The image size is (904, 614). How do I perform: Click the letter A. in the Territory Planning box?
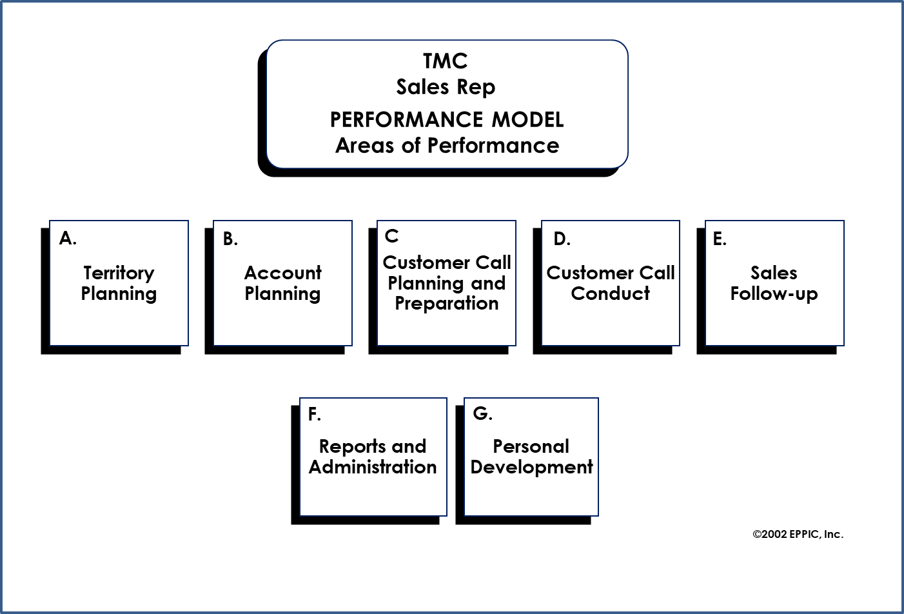[x=68, y=239]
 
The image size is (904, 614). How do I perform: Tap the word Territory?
[x=119, y=273]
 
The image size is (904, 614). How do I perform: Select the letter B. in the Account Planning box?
[x=231, y=239]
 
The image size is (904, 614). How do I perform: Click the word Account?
[x=282, y=273]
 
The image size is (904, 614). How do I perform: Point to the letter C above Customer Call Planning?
[x=391, y=236]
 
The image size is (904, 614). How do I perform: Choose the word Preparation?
[x=446, y=304]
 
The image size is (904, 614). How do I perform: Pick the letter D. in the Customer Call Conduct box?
[x=562, y=239]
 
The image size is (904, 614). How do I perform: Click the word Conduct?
[x=610, y=293]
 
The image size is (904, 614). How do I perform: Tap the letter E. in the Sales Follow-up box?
[x=720, y=239]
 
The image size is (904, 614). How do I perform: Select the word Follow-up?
[x=774, y=294]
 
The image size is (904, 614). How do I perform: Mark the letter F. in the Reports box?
[x=315, y=414]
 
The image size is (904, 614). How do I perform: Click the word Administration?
[x=373, y=467]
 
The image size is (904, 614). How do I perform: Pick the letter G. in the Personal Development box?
[x=482, y=413]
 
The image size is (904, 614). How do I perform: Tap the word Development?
[x=531, y=467]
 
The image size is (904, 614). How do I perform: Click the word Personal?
[x=531, y=446]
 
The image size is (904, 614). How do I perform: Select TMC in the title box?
[x=445, y=61]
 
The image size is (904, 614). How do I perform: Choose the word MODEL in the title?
[x=527, y=120]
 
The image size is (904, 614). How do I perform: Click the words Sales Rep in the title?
[x=446, y=87]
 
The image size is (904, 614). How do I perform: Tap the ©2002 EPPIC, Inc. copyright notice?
[x=798, y=534]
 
